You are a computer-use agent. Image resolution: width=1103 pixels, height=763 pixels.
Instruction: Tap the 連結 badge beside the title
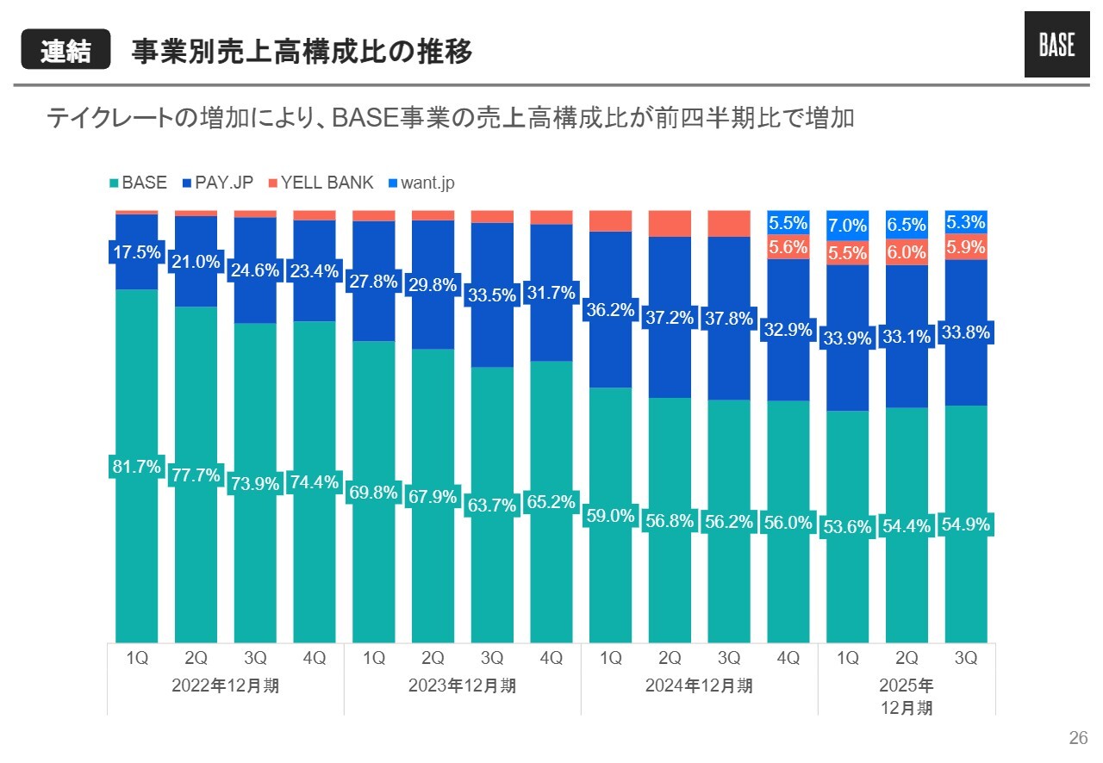(x=66, y=51)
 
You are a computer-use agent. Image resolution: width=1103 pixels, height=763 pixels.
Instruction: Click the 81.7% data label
(x=137, y=467)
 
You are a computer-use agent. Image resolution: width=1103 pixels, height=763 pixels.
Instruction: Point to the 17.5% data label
(x=137, y=253)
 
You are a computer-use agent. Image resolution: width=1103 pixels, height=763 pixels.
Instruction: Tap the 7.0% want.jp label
(x=847, y=226)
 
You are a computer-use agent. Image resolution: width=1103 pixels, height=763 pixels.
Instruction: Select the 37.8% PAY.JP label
(x=729, y=319)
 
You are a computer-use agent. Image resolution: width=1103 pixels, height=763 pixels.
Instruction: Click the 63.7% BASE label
(x=492, y=506)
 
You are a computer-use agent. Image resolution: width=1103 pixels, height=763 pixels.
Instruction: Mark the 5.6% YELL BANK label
(x=788, y=248)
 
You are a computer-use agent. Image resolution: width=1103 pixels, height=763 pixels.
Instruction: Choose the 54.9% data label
(x=966, y=524)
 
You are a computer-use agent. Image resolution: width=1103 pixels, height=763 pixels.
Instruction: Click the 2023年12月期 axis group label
(x=462, y=686)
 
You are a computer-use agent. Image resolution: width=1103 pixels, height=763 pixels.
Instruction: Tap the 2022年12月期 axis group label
(x=226, y=686)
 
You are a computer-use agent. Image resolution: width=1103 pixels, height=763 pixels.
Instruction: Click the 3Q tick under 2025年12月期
(x=966, y=659)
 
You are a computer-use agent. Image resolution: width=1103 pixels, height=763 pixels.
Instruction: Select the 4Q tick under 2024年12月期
(x=788, y=659)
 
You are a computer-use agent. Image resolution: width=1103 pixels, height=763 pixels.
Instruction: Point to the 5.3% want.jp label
(x=966, y=222)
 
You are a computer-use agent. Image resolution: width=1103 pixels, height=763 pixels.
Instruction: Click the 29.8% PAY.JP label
(x=433, y=285)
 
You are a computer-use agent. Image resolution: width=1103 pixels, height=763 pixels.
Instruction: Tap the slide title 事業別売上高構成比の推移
(x=302, y=51)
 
